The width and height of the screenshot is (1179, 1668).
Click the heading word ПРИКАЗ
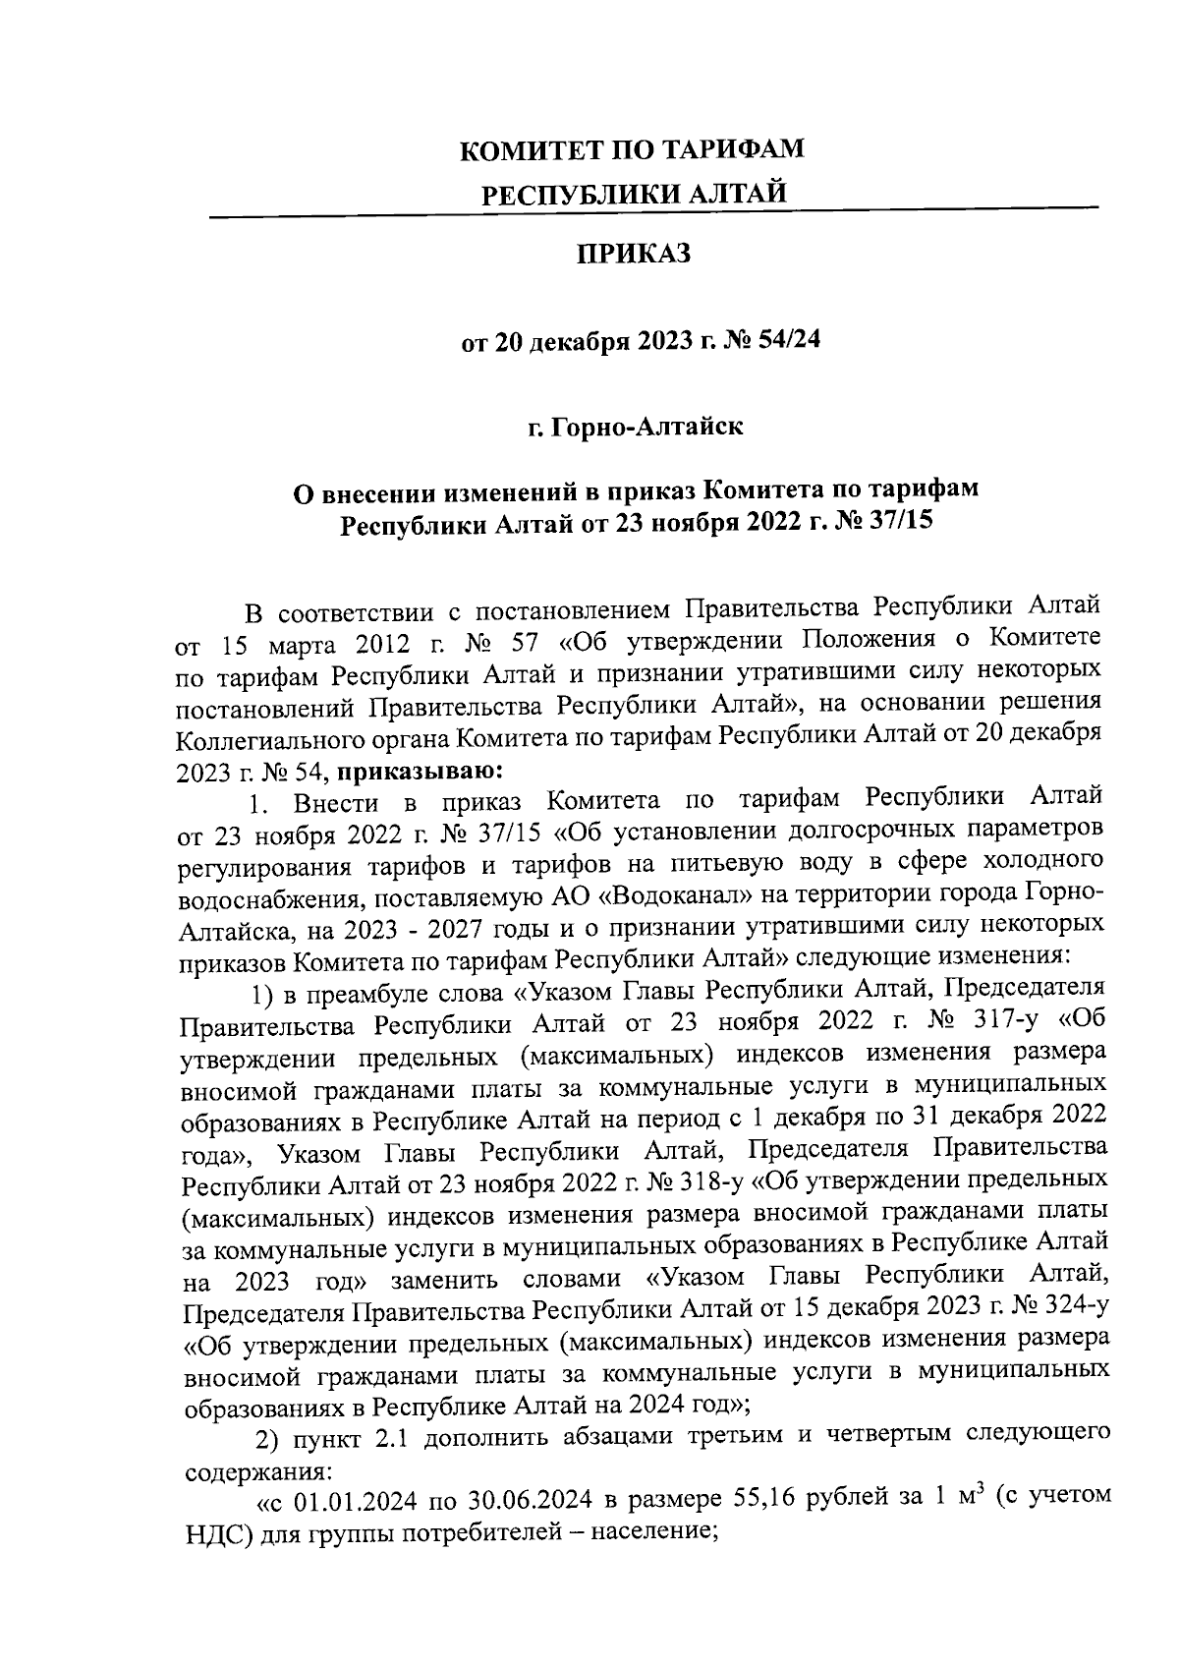pos(633,255)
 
